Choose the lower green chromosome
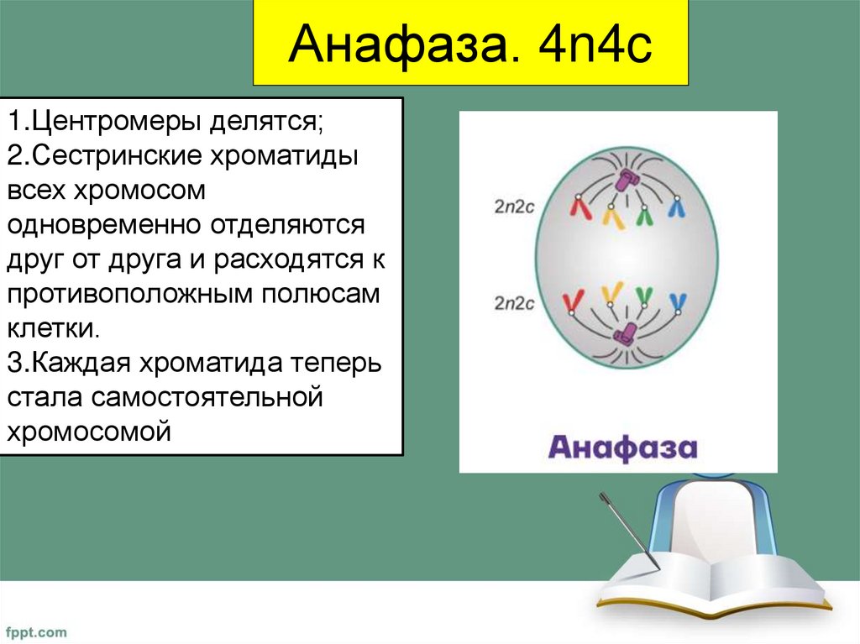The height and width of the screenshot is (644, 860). tap(644, 296)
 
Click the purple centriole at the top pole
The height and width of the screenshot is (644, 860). tap(627, 180)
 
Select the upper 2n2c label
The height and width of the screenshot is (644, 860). tap(514, 208)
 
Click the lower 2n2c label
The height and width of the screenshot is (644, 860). tap(514, 303)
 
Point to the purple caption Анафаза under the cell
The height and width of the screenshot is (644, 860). tap(622, 447)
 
